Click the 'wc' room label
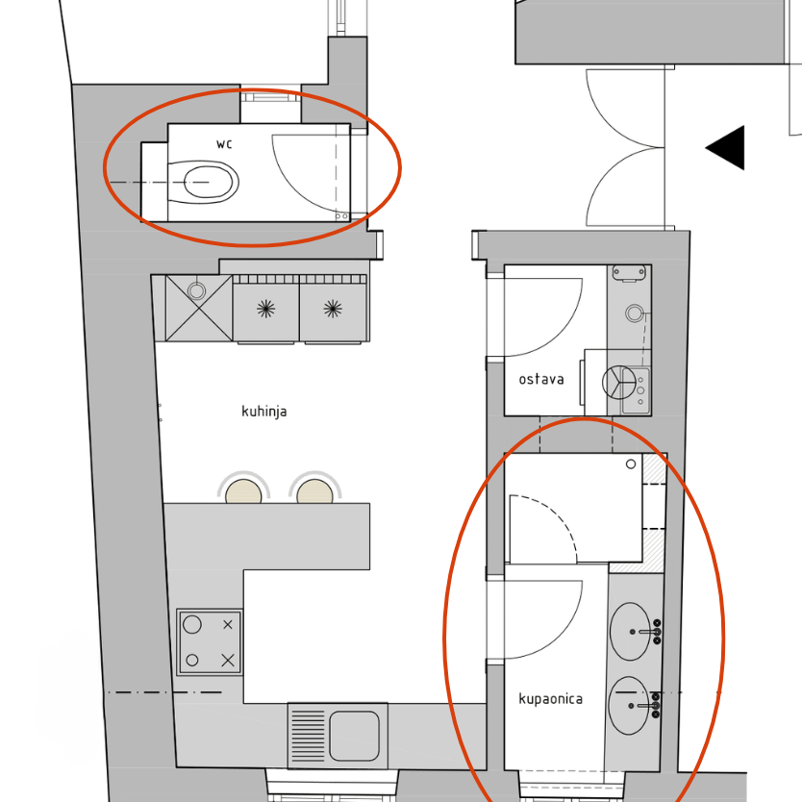pos(224,144)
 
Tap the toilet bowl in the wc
pos(203,182)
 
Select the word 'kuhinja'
pos(263,412)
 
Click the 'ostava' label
pos(541,380)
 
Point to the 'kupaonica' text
pos(550,699)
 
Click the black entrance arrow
pos(725,147)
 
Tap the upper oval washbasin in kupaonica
pos(630,632)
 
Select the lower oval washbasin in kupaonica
pos(629,706)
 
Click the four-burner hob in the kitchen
pos(210,642)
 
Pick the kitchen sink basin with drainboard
pos(338,736)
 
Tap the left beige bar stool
pos(243,491)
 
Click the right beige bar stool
pos(314,491)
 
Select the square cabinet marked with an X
pos(199,308)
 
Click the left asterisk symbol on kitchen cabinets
pos(266,309)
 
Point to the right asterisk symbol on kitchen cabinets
pos(333,309)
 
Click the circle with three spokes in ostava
pos(619,383)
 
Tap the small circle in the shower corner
pos(631,464)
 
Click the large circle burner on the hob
pos(192,624)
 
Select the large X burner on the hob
pos(228,661)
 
